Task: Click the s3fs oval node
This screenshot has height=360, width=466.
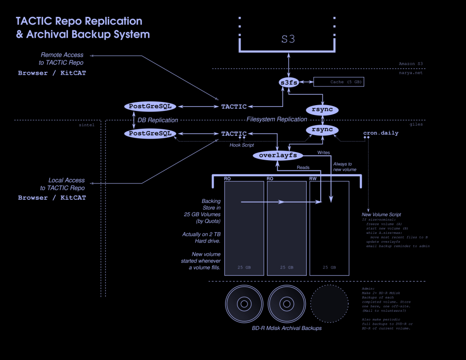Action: [x=288, y=82]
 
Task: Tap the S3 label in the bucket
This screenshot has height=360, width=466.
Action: [x=288, y=40]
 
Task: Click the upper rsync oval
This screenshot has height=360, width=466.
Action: [x=322, y=110]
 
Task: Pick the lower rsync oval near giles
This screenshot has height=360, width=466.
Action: [x=322, y=130]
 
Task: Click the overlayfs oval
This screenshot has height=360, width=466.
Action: [x=278, y=156]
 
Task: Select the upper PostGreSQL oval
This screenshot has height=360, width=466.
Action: [x=150, y=106]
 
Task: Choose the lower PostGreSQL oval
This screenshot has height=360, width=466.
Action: [x=150, y=133]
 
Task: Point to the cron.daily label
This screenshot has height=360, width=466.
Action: [x=380, y=133]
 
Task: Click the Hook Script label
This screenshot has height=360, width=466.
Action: [x=242, y=145]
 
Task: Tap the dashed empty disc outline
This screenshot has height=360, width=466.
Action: [x=329, y=303]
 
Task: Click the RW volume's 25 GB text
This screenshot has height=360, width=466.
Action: [x=329, y=268]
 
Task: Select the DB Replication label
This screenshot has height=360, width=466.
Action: [x=157, y=120]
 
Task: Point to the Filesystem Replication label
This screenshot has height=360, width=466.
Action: [x=277, y=119]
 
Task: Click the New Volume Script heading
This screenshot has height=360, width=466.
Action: [x=381, y=214]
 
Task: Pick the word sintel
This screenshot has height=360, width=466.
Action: [x=86, y=124]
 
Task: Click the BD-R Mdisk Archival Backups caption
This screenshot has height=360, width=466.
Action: [x=287, y=328]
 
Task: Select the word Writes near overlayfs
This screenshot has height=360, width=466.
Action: [x=323, y=152]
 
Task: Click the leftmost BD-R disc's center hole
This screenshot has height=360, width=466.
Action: [x=243, y=303]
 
